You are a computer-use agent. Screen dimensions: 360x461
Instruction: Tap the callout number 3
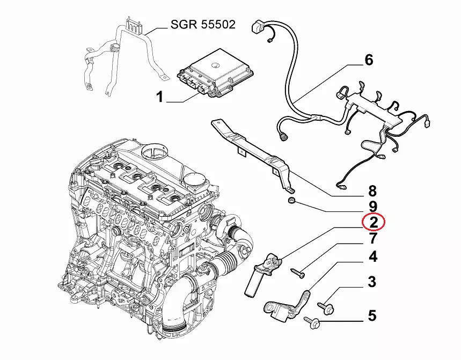372,281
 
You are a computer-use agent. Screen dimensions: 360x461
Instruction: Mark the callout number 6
368,60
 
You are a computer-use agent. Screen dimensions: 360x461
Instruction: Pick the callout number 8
372,190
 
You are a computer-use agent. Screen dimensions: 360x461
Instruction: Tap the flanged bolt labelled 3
328,307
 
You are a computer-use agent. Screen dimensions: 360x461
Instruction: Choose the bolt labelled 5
311,322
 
